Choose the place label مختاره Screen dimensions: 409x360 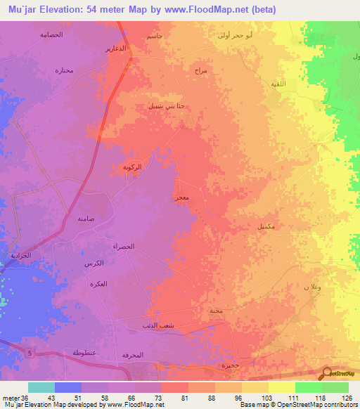pyautogui.click(x=65, y=70)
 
